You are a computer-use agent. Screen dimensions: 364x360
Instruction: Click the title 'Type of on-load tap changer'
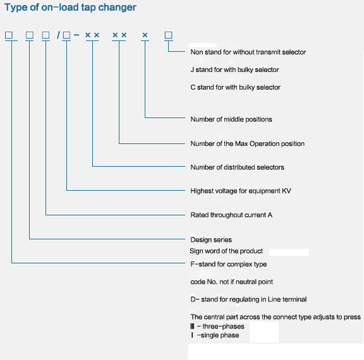pyautogui.click(x=70, y=8)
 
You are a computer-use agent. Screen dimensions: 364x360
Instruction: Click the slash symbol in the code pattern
pyautogui.click(x=58, y=35)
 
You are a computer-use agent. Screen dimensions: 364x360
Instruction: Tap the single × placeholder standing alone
pyautogui.click(x=145, y=35)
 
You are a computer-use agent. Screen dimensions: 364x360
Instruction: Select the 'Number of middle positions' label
pyautogui.click(x=231, y=119)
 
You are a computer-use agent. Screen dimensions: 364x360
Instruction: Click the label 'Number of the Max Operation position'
pyautogui.click(x=247, y=143)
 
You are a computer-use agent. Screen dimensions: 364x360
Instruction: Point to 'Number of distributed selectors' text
pyautogui.click(x=237, y=167)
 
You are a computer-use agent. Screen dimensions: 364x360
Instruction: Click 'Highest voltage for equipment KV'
pyautogui.click(x=241, y=191)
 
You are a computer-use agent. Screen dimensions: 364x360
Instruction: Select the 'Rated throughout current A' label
pyautogui.click(x=231, y=215)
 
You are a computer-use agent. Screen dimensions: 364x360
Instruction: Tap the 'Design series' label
pyautogui.click(x=211, y=239)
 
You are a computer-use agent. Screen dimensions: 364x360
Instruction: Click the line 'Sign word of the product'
pyautogui.click(x=226, y=251)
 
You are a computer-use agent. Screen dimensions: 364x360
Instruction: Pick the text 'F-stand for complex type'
pyautogui.click(x=228, y=264)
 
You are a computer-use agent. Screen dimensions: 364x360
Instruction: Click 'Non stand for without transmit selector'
pyautogui.click(x=248, y=52)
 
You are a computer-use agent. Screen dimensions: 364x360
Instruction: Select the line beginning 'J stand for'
pyautogui.click(x=234, y=69)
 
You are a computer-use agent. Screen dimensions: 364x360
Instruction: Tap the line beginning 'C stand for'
pyautogui.click(x=235, y=87)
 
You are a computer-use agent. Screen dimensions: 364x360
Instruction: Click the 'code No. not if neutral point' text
pyautogui.click(x=231, y=282)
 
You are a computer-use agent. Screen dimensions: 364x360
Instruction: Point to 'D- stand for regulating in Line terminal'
pyautogui.click(x=248, y=299)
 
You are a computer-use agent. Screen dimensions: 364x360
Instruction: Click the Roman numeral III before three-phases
pyautogui.click(x=192, y=327)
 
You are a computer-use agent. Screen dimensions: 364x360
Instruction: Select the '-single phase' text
pyautogui.click(x=218, y=335)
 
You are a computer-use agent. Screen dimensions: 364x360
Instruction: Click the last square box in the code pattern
pyautogui.click(x=168, y=35)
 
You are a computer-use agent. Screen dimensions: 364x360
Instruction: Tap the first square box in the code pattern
pyautogui.click(x=9, y=35)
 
